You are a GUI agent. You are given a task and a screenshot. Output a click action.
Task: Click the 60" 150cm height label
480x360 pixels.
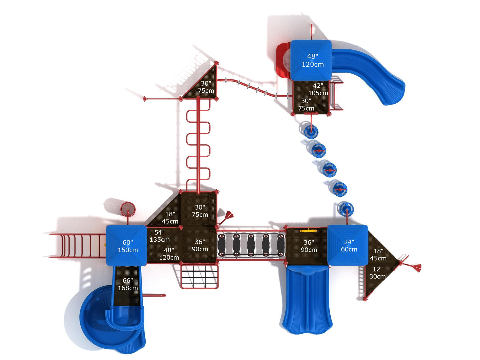pyautogui.click(x=128, y=246)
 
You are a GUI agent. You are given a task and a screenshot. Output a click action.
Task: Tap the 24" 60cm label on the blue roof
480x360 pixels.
pyautogui.click(x=349, y=246)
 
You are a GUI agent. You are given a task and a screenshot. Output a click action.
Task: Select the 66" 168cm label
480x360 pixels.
pyautogui.click(x=128, y=284)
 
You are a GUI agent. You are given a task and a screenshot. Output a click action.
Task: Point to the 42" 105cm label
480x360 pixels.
pyautogui.click(x=318, y=89)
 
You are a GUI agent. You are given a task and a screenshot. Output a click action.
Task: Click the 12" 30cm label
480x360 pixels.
pyautogui.click(x=378, y=273)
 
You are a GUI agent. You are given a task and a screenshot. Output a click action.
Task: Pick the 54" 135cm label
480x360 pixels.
pyautogui.click(x=160, y=236)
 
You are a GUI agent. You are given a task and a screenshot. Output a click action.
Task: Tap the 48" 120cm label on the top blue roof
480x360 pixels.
pyautogui.click(x=313, y=60)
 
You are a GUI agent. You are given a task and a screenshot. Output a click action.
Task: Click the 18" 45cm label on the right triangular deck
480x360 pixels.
pyautogui.click(x=378, y=255)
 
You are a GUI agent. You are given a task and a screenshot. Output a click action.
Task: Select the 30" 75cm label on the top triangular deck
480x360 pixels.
pyautogui.click(x=206, y=87)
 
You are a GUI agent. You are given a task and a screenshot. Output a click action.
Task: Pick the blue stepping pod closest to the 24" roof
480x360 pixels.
pyautogui.click(x=346, y=209)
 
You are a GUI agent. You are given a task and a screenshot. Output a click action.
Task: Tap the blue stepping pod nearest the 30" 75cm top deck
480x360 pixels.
pyautogui.click(x=310, y=131)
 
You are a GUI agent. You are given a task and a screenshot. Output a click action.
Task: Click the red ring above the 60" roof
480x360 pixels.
pyautogui.click(x=128, y=209)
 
